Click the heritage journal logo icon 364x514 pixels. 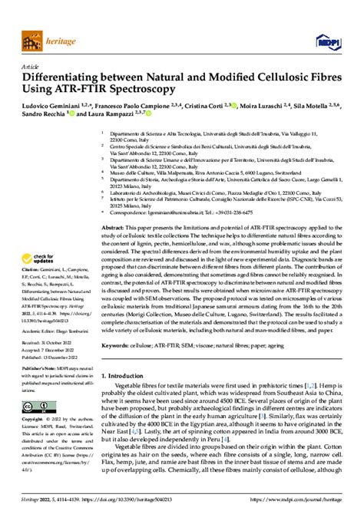[x=34, y=36]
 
